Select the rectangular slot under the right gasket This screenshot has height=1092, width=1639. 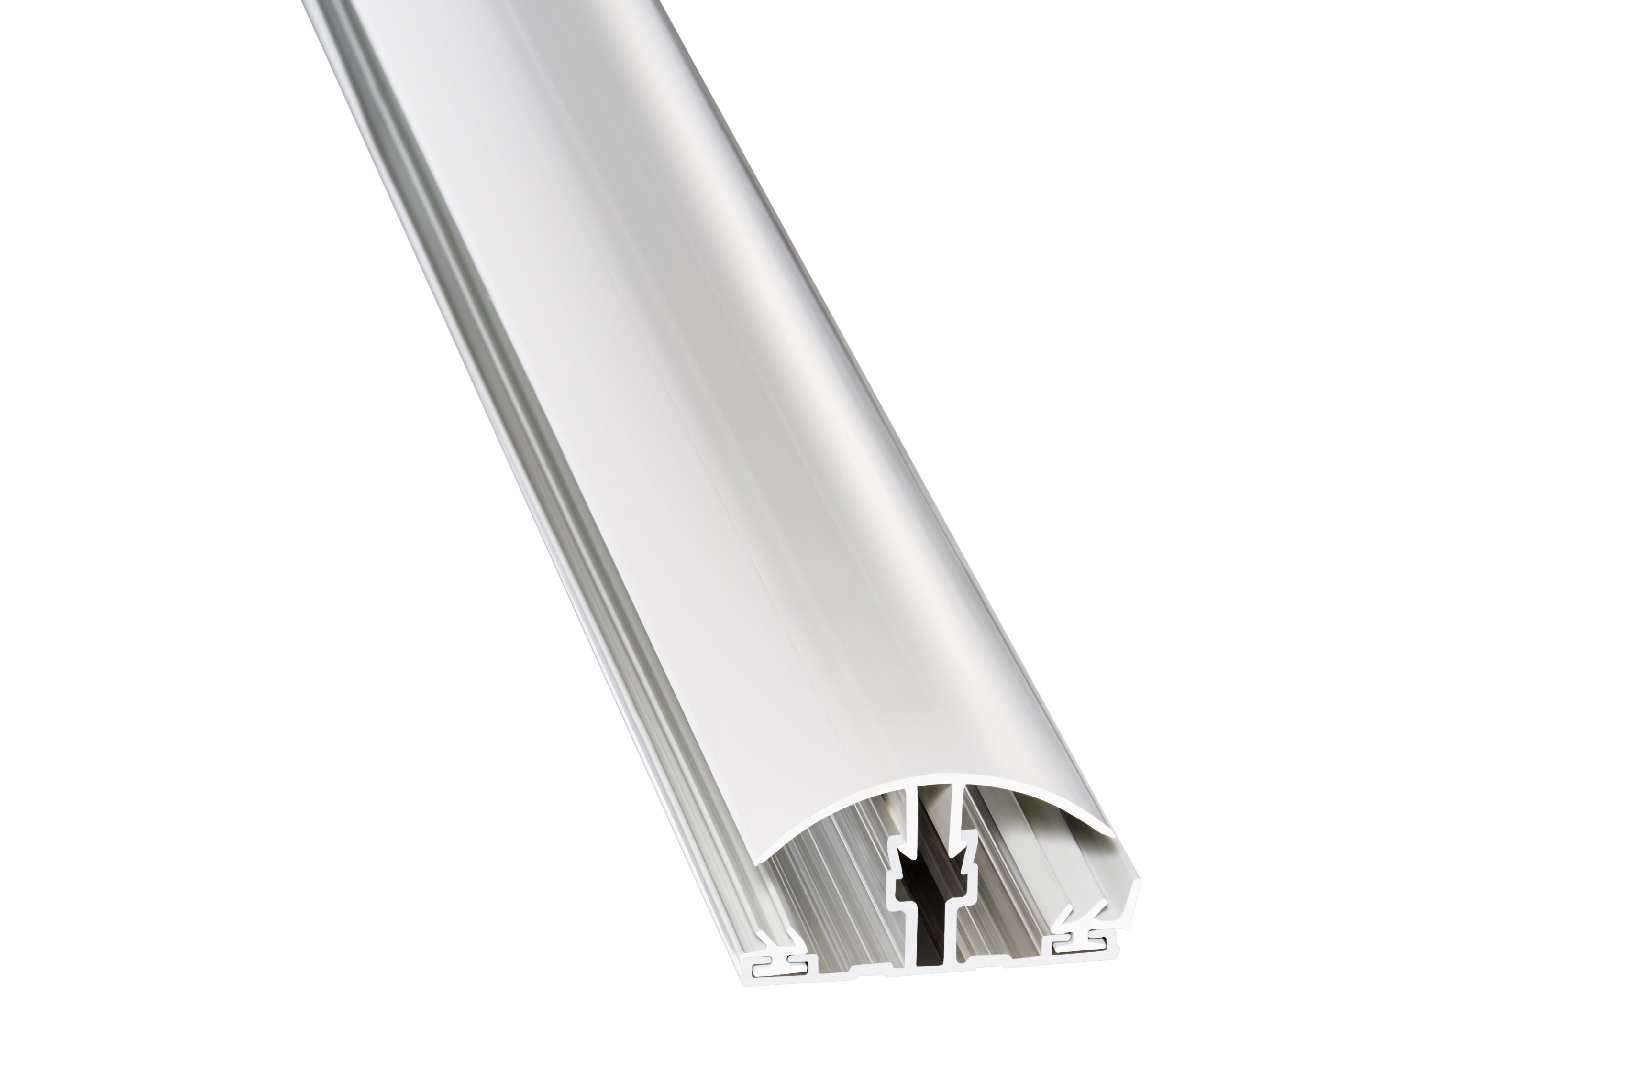point(1076,945)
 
